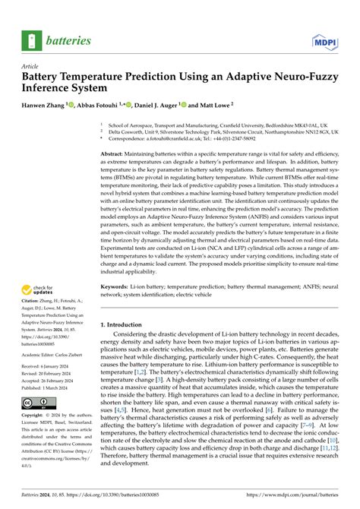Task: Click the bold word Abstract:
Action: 116,131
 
